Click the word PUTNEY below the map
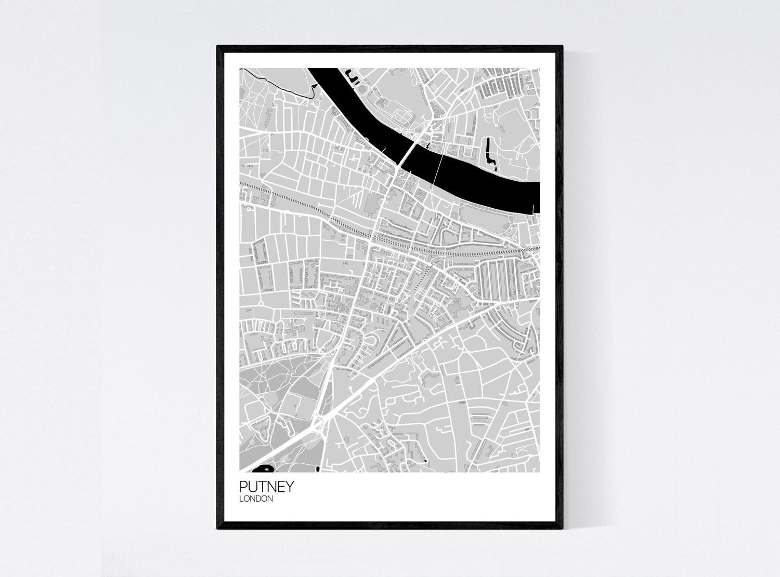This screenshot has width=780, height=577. (267, 487)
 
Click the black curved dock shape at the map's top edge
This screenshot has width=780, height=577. (353, 79)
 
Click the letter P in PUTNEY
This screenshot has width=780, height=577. (243, 487)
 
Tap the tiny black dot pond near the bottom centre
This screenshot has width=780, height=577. (426, 461)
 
